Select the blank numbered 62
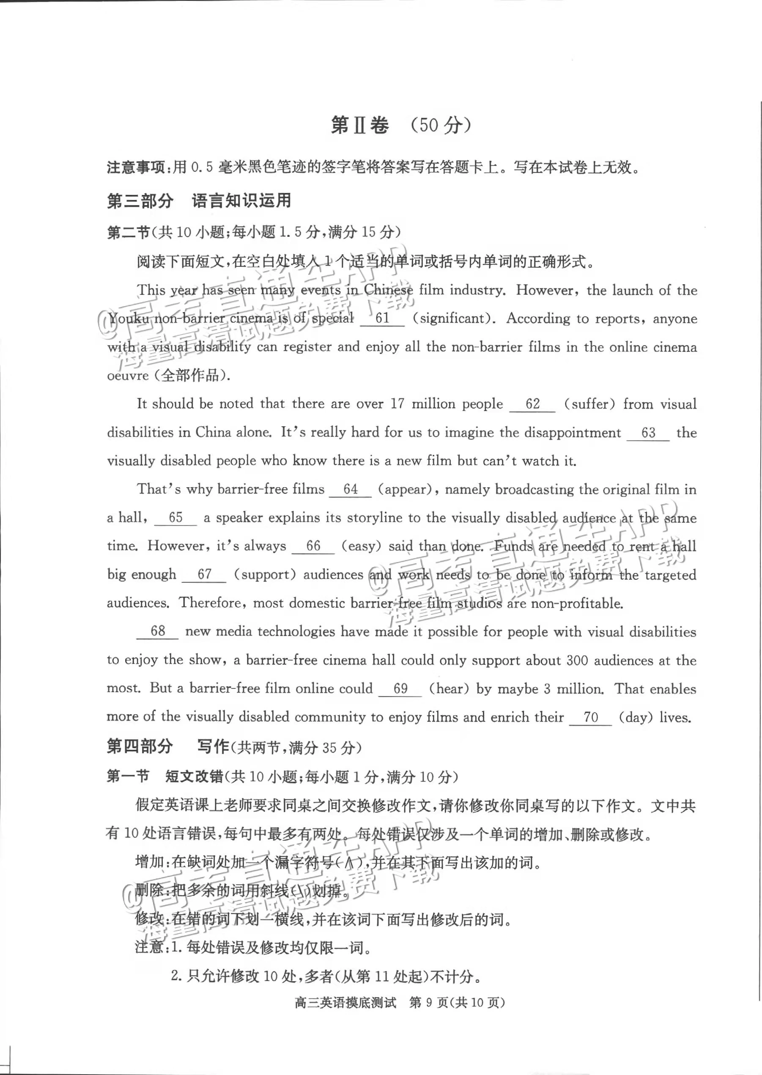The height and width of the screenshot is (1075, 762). (x=532, y=404)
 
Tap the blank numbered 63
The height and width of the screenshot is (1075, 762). (x=648, y=433)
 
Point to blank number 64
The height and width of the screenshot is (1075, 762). (x=350, y=489)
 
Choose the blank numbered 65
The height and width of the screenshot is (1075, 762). (x=175, y=518)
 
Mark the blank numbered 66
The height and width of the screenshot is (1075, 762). (x=313, y=546)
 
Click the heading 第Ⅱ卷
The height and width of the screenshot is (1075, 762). (x=360, y=125)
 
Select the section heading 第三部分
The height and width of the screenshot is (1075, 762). (x=140, y=201)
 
